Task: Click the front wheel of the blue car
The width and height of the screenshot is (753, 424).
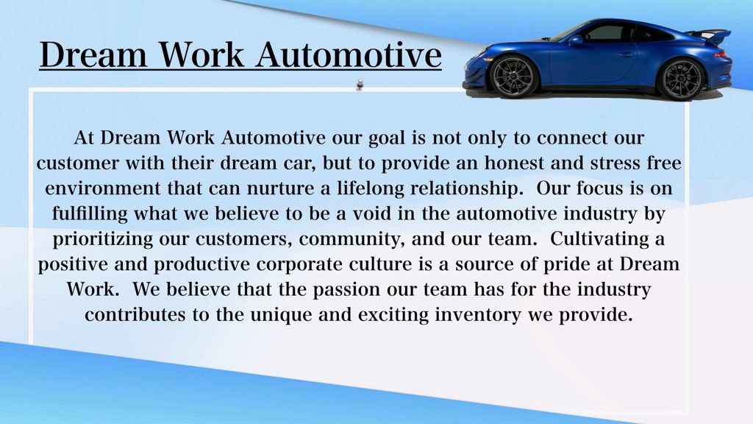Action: point(513,77)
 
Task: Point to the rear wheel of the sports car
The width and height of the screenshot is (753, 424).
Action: point(681,79)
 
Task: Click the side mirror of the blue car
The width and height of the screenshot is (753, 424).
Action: point(575,40)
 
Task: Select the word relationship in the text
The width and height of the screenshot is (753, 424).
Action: point(466,188)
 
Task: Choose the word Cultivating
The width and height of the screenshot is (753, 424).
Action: point(598,239)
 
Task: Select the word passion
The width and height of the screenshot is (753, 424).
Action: point(346,289)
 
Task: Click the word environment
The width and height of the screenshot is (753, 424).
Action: point(103,188)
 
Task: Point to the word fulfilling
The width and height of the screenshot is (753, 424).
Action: point(90,213)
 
